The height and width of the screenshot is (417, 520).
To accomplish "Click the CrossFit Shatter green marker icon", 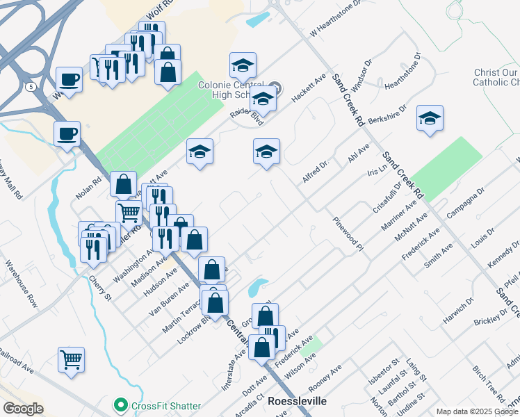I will coord(120,404).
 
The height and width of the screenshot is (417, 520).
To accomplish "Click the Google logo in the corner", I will coord(23,409).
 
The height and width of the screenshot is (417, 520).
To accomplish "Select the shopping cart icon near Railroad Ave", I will coord(71,359).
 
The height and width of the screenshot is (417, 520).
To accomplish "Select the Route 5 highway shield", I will coord(31,87).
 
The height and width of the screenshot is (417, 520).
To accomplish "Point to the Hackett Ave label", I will coord(309,90).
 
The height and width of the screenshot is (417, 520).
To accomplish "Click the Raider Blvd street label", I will coord(247,116).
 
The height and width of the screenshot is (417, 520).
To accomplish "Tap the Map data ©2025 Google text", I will coord(477,411).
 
